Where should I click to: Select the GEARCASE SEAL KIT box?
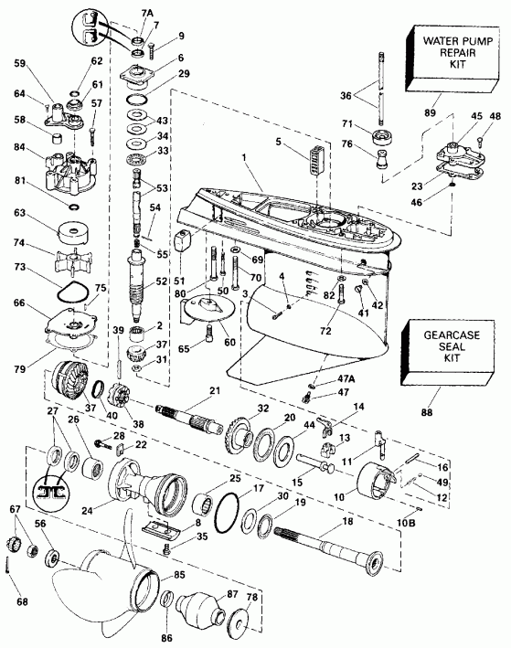click(x=449, y=344)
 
